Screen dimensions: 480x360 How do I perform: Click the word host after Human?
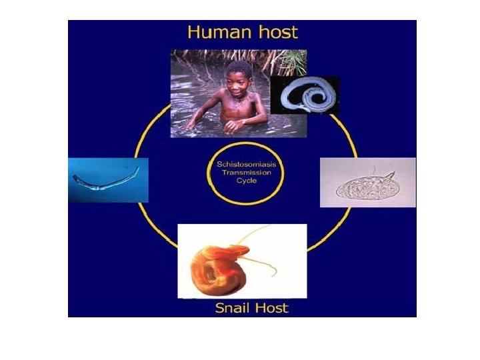tap(275, 31)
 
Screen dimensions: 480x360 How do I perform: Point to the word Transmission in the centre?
tap(243, 171)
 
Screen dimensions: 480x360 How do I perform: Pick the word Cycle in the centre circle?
tap(243, 180)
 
